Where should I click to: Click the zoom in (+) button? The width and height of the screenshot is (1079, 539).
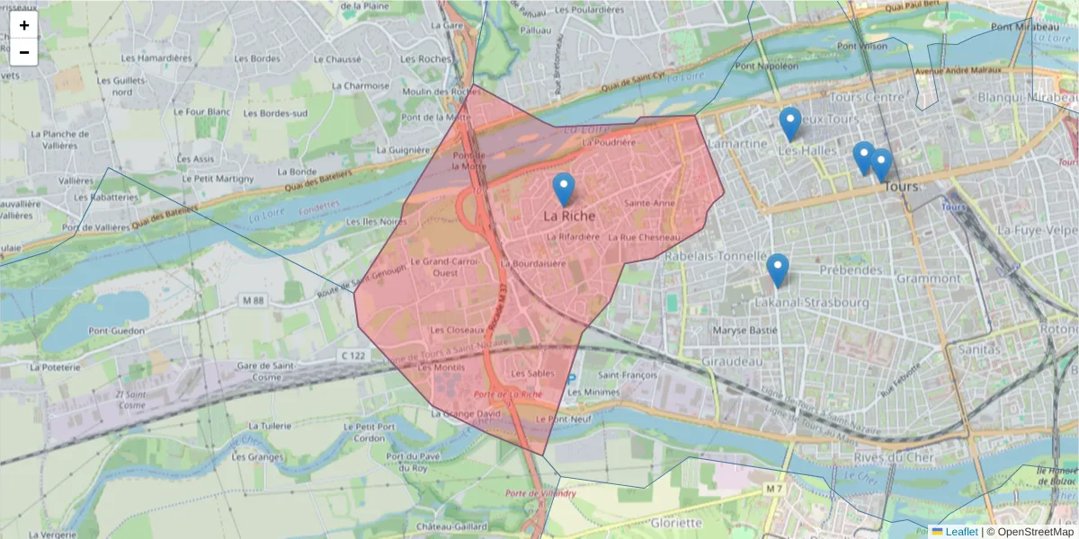tap(24, 25)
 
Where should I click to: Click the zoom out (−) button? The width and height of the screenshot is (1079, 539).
tap(24, 52)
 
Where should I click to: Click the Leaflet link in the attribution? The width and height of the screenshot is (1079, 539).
tap(960, 532)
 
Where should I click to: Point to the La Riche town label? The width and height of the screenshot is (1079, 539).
tap(568, 216)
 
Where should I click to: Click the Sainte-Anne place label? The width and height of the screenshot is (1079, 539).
tap(649, 203)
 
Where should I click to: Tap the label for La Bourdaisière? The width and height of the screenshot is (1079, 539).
tap(532, 264)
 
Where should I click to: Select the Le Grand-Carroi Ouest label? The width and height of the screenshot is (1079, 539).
tap(439, 267)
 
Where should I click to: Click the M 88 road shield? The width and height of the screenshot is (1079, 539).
tap(253, 299)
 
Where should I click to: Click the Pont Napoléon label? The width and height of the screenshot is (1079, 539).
tap(766, 66)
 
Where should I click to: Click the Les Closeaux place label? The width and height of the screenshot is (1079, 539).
tap(459, 330)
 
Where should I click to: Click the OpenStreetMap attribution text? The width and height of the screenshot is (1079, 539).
tap(1034, 532)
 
